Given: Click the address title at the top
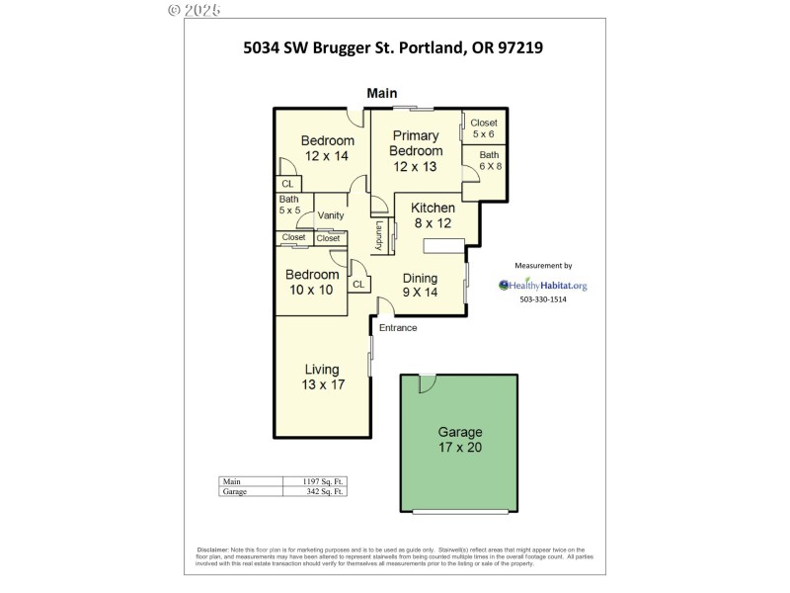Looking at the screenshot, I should (394, 45).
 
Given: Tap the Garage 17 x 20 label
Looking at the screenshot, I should (460, 440).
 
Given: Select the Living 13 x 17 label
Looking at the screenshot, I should (323, 377).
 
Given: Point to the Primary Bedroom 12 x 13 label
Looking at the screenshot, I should (416, 150).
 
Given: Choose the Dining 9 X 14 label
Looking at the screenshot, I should (420, 285).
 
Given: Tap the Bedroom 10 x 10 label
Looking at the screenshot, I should (312, 282).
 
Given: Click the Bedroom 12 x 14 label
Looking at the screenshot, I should (327, 148).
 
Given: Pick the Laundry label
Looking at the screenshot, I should (378, 235).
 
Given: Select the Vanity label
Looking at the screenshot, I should (330, 215).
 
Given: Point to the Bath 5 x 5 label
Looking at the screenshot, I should (288, 205).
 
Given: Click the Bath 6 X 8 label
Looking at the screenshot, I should (491, 160).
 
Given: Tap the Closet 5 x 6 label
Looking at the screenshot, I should (484, 128).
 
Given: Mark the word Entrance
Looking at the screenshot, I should (398, 328).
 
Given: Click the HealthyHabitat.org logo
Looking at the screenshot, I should (543, 286).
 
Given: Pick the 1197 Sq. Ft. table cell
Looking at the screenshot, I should (325, 481).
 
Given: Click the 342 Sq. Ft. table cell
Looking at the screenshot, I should (325, 491).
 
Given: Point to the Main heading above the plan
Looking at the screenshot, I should (382, 93).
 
